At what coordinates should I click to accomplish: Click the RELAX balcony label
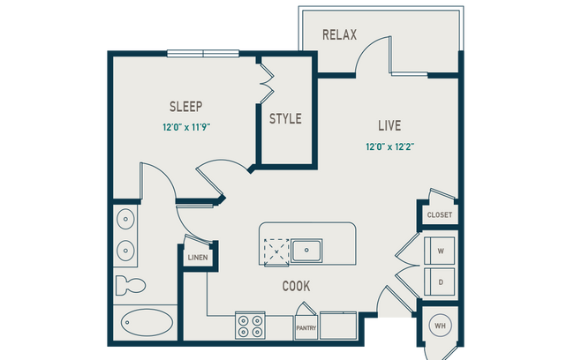(339, 35)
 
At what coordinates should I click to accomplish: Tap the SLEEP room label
(185, 107)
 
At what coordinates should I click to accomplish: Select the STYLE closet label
(285, 118)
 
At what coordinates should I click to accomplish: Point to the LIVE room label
(389, 126)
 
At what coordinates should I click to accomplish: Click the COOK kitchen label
(295, 286)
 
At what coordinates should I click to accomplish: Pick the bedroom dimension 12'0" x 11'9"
(185, 127)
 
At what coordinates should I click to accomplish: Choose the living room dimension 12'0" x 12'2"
(389, 146)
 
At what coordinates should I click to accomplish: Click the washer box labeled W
(440, 250)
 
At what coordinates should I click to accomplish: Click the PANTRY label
(306, 327)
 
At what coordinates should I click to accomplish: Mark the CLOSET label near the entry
(439, 214)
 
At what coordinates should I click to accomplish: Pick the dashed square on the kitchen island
(277, 251)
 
